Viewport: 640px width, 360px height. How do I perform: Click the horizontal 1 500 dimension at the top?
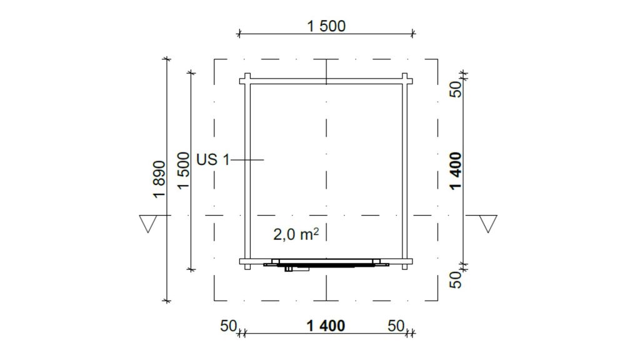coord(326,26)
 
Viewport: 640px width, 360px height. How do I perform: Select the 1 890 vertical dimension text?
coord(159,179)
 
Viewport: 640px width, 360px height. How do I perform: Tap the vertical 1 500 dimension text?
coord(184,170)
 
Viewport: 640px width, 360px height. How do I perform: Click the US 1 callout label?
coord(213,159)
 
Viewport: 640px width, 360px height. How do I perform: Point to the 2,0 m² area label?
coord(296,234)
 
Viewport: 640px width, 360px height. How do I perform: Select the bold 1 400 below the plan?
coord(326,326)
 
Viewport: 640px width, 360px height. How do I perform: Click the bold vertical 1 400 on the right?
coord(456,171)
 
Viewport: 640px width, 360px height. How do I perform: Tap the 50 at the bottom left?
coord(229,326)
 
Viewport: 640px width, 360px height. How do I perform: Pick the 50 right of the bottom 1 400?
coord(396,326)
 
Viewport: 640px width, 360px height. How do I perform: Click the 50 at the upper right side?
coord(456,89)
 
